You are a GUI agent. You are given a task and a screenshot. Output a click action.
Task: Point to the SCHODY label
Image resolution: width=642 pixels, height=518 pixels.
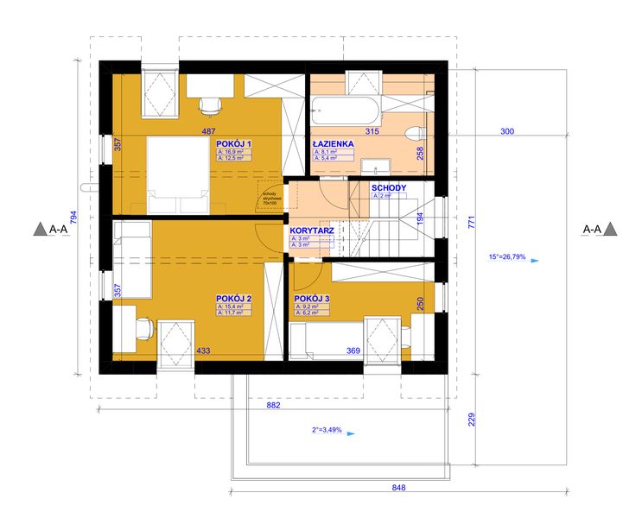pyautogui.click(x=389, y=187)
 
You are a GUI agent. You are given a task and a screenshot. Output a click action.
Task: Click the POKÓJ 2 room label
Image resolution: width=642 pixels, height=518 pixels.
pyautogui.click(x=233, y=299)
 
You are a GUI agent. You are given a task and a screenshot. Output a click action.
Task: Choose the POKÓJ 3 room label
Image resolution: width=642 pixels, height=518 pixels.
pyautogui.click(x=312, y=298)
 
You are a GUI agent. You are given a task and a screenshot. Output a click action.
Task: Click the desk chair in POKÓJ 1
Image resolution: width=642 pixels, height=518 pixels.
pyautogui.click(x=209, y=104)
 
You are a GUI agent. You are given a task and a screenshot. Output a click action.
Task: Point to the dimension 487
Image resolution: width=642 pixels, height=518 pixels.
pyautogui.click(x=208, y=131)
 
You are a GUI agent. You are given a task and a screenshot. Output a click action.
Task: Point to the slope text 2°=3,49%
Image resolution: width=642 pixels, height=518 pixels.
pyautogui.click(x=327, y=429)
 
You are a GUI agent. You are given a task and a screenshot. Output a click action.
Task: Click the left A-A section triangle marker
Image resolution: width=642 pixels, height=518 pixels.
pyautogui.click(x=40, y=230)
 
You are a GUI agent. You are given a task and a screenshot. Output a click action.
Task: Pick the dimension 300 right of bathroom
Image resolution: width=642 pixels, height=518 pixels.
pyautogui.click(x=507, y=131)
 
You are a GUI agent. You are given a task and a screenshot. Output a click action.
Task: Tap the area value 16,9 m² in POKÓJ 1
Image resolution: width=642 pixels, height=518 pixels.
pyautogui.click(x=235, y=151)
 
